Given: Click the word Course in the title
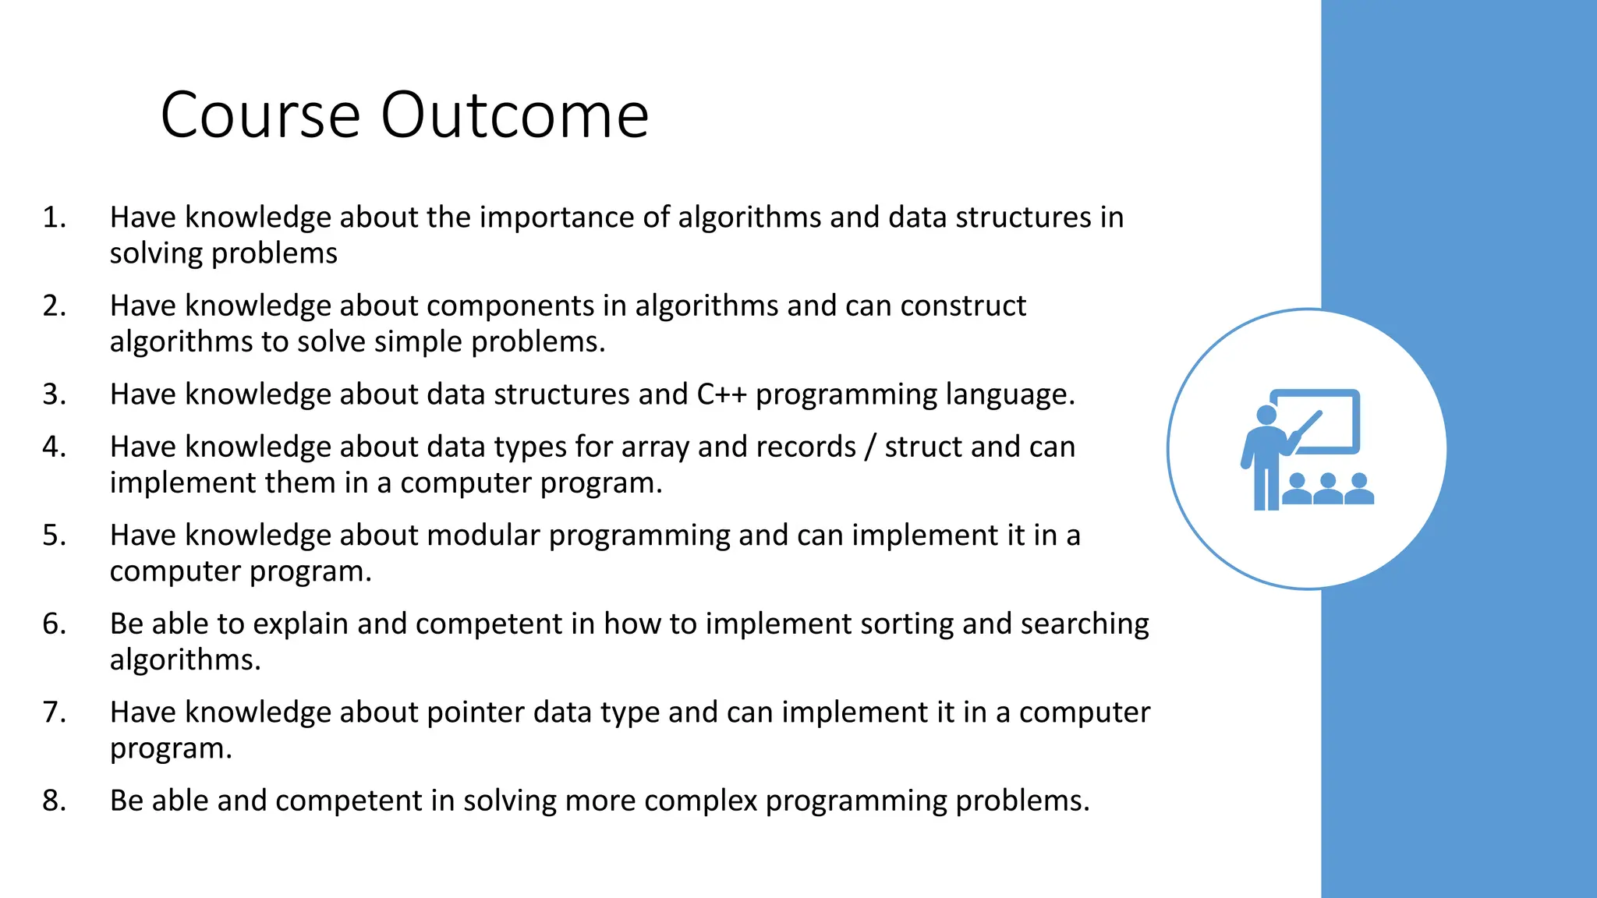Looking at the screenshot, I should point(260,115).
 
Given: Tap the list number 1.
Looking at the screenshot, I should point(54,217).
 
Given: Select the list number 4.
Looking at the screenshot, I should point(54,447).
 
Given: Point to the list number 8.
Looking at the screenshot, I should point(54,801).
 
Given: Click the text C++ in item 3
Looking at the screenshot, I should point(721,394).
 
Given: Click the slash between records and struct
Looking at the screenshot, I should point(870,447).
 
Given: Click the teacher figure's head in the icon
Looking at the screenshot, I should point(1267,415).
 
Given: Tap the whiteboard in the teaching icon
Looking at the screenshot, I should point(1326,421).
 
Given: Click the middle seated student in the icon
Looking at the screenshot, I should point(1327,490).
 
